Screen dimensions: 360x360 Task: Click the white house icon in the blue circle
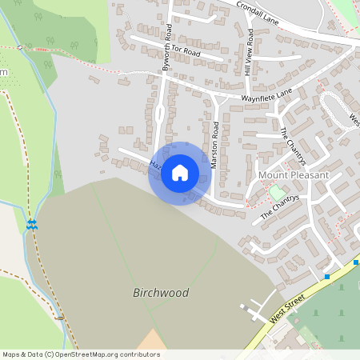click(180, 172)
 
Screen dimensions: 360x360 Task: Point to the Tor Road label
click(186, 50)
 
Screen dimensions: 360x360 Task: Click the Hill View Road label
click(250, 53)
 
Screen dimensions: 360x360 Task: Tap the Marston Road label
click(214, 144)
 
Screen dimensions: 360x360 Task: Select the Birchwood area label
click(161, 293)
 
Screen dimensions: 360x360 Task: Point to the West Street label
click(288, 306)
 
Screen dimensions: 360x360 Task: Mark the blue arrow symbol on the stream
click(32, 226)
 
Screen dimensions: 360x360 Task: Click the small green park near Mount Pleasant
click(276, 193)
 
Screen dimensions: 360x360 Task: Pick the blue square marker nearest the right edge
click(356, 262)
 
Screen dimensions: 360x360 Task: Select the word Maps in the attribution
click(11, 354)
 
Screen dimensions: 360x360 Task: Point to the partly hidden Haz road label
click(154, 164)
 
